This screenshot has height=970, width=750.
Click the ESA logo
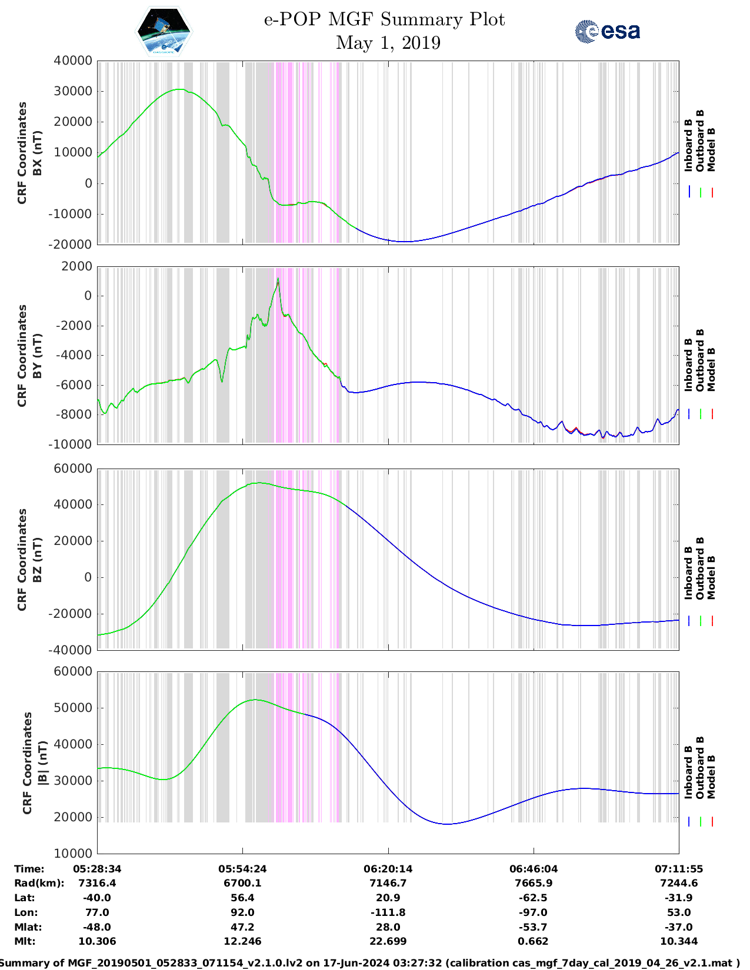[x=608, y=31]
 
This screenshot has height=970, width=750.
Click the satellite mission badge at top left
[x=164, y=31]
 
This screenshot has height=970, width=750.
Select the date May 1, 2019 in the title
[x=388, y=43]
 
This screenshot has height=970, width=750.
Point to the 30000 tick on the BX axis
[x=73, y=91]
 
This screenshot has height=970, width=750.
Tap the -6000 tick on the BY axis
[x=73, y=385]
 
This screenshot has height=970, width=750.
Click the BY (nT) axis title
[x=37, y=356]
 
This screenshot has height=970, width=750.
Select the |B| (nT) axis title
[x=43, y=763]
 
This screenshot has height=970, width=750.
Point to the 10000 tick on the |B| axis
[x=73, y=854]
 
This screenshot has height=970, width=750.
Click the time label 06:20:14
[x=388, y=869]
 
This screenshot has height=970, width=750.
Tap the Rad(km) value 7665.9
[x=534, y=883]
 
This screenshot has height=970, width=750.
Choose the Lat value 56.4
[x=242, y=898]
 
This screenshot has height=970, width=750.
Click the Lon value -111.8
[x=388, y=912]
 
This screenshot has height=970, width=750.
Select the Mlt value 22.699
[x=388, y=941]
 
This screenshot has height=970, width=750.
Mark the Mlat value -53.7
[x=534, y=927]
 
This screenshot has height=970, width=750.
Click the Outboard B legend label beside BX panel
[x=700, y=141]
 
